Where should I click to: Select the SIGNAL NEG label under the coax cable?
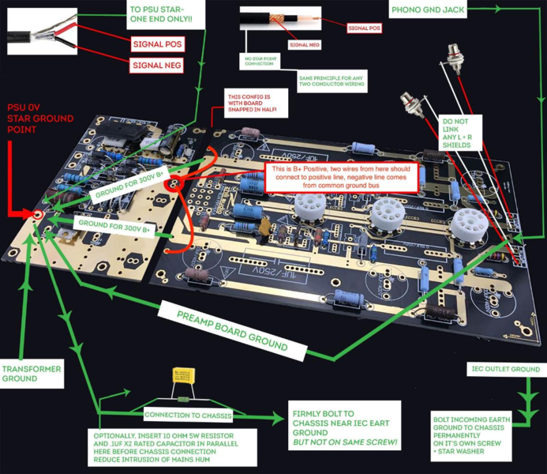(x=304, y=45)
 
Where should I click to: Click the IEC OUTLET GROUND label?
(x=505, y=369)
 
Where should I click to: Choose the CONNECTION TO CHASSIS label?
(x=181, y=414)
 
